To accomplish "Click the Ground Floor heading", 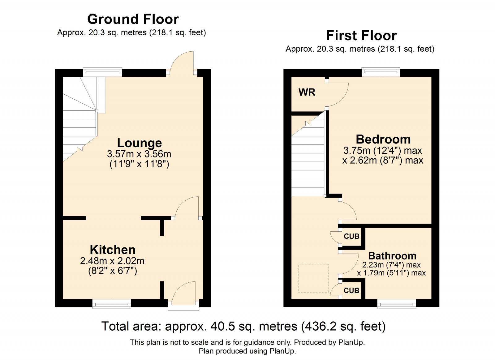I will [x=133, y=19].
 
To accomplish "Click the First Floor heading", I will [x=361, y=36].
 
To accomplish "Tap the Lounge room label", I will [x=139, y=143].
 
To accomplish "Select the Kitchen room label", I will [x=113, y=250].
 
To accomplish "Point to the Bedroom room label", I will [x=383, y=139].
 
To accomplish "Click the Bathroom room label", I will [x=392, y=256].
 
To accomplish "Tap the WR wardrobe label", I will [x=307, y=92].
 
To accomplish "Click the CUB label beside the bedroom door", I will [x=351, y=236].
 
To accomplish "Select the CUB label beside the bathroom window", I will [x=351, y=291].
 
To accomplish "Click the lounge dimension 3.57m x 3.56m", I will [x=139, y=154].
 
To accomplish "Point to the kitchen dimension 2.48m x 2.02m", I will [x=112, y=261].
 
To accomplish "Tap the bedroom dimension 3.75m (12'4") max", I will [x=383, y=151].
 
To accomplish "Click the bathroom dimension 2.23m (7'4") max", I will [x=391, y=265].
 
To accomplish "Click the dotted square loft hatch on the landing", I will [x=313, y=278].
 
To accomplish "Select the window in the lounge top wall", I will [x=103, y=72].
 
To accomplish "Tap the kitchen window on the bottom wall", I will [x=112, y=304].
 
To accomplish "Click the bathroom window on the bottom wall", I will [x=396, y=304].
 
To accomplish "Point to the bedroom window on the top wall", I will [x=381, y=72].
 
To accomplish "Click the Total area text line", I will [x=243, y=326].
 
